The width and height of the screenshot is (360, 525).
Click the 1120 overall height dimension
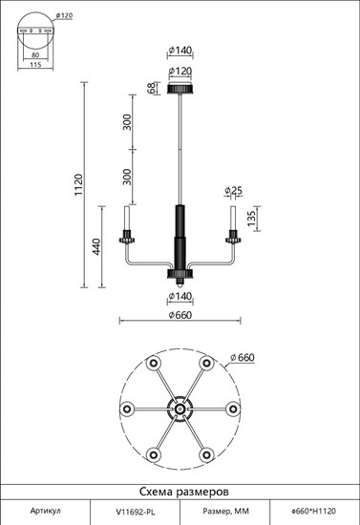coord(78,185)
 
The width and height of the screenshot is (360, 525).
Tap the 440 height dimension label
coord(96,247)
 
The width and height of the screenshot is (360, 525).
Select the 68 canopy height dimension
coord(153,88)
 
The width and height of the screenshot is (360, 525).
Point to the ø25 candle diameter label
coord(233,191)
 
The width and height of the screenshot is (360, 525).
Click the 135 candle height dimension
coord(251,217)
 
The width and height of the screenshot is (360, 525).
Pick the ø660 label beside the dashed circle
coord(243,358)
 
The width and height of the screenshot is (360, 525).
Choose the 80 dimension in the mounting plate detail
coord(35,55)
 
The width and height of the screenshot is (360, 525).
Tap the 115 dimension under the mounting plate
coord(35,65)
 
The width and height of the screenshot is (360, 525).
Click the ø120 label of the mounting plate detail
coord(64,15)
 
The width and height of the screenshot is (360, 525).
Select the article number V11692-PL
coord(136,512)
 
